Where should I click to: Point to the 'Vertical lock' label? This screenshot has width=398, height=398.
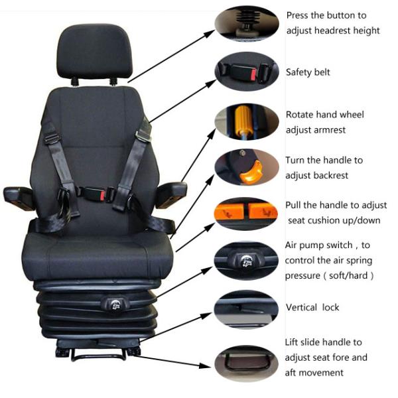point(312,308)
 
